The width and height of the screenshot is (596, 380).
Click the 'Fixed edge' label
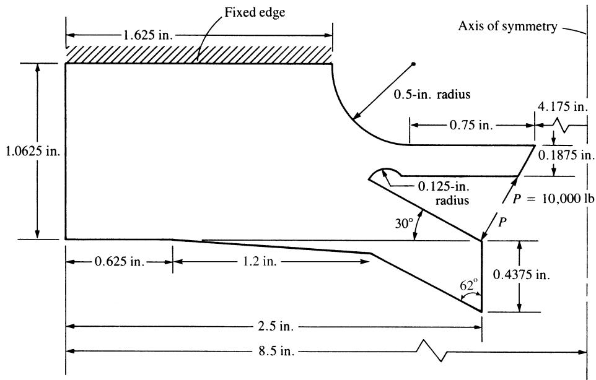pos(255,12)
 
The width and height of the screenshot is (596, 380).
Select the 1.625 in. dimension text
pos(148,35)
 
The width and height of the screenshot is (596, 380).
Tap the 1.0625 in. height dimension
pos(33,152)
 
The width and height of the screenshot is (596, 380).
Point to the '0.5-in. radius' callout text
pos(432,94)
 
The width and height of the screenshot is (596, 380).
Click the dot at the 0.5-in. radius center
pos(414,64)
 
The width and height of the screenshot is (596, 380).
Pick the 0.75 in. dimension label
pos(471,125)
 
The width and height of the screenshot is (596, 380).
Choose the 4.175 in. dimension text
pos(563,106)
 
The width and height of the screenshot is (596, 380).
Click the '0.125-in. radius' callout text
pos(444,193)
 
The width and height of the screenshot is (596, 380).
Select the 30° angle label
pos(404,223)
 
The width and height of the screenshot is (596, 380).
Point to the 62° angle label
pos(468,285)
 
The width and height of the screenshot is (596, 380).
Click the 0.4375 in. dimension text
pos(522,274)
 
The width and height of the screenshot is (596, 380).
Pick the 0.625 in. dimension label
pos(120,262)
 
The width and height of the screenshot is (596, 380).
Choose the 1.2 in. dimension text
pos(260,262)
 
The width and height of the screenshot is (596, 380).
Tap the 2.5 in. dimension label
pos(276,327)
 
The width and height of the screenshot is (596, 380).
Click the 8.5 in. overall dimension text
pos(276,351)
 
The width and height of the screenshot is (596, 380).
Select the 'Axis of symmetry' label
pos(508,26)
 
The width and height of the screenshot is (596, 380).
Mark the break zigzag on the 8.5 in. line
pos(432,351)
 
